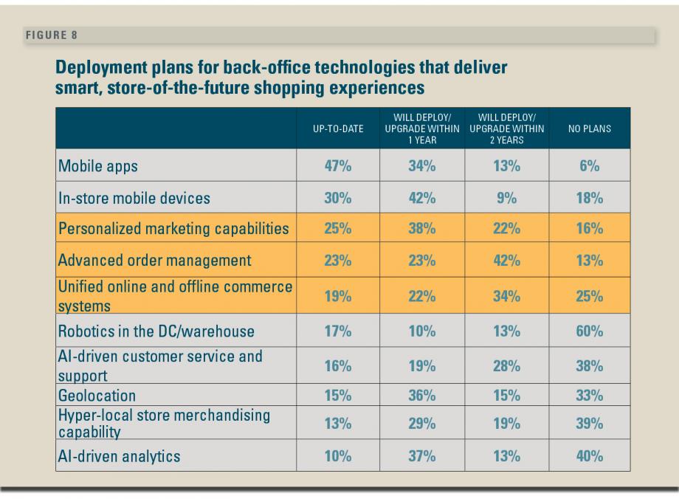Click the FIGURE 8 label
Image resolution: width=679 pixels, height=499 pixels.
(52, 35)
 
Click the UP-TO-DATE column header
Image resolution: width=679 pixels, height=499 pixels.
(339, 129)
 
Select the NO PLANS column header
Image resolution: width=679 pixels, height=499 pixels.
(590, 129)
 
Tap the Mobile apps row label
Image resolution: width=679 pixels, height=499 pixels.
(98, 166)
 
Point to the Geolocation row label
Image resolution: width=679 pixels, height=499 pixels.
(97, 396)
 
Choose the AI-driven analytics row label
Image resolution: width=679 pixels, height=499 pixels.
(119, 456)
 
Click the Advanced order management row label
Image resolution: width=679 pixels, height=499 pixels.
(155, 261)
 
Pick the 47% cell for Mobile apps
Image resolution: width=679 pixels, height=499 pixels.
(338, 166)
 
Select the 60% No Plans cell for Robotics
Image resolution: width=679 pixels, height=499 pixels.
(590, 331)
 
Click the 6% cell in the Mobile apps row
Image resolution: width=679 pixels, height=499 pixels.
(590, 166)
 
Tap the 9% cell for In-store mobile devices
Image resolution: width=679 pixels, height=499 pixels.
(506, 198)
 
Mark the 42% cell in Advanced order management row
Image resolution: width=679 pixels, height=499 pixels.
(506, 261)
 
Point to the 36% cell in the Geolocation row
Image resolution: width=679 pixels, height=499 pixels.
(422, 396)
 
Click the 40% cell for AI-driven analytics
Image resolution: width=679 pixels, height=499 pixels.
(590, 456)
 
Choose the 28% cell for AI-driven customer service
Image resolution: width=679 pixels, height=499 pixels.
(506, 366)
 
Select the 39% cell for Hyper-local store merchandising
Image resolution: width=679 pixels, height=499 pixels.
(590, 424)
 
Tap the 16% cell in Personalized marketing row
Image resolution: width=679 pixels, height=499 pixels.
(590, 228)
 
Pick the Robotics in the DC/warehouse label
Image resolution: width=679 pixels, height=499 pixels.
(156, 331)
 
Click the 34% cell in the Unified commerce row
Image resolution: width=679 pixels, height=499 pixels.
(506, 297)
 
